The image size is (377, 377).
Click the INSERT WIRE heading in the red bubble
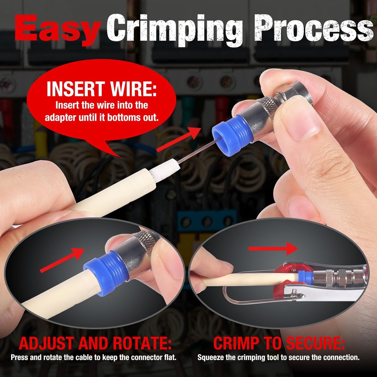click(102, 89)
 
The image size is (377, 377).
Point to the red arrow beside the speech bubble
click(179, 140)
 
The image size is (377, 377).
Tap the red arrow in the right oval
click(273, 248)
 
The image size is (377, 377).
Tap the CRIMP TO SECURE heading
click(279, 344)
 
